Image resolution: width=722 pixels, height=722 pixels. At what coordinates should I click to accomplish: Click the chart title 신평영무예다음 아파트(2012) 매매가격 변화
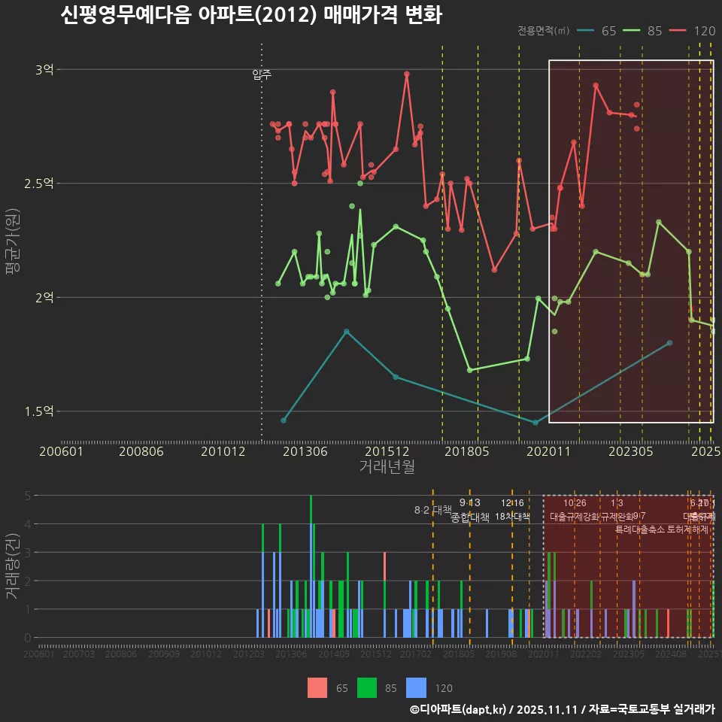click(251, 15)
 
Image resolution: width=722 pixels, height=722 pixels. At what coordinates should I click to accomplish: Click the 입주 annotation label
click(262, 74)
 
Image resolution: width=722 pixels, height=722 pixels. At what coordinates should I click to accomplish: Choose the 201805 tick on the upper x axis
click(467, 452)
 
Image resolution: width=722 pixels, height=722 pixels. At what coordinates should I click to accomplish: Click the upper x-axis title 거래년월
click(387, 467)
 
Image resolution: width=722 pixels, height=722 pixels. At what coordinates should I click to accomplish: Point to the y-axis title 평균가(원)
click(13, 242)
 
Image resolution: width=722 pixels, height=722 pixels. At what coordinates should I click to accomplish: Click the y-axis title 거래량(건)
click(13, 566)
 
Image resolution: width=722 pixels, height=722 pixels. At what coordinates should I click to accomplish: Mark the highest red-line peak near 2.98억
click(407, 74)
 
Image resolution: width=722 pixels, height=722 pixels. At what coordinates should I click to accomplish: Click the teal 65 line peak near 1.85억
click(347, 331)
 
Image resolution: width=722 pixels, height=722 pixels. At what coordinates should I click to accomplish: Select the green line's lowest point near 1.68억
click(469, 370)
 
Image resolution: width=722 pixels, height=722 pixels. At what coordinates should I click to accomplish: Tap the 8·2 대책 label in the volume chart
click(432, 510)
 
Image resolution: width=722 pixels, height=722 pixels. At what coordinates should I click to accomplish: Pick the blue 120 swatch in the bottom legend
click(416, 687)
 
